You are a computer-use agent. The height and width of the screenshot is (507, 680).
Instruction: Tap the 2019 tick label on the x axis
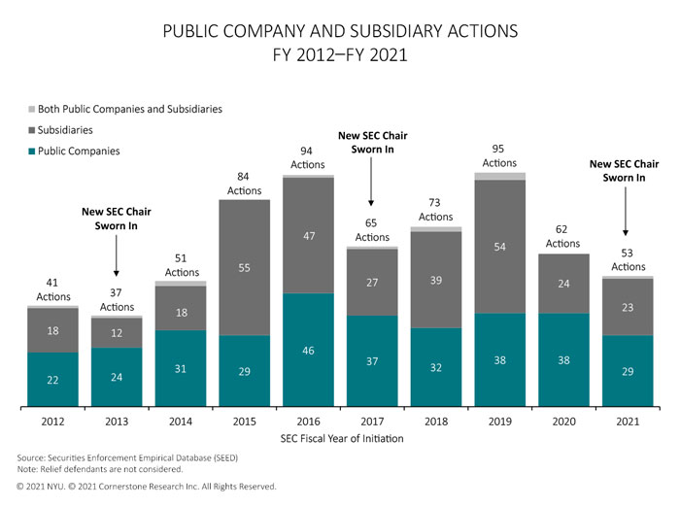tap(499, 421)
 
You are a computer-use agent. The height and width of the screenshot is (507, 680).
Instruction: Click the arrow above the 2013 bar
tap(116, 260)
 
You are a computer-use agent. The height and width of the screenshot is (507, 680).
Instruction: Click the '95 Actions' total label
tap(499, 156)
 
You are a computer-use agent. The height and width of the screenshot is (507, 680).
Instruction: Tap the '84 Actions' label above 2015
tap(244, 184)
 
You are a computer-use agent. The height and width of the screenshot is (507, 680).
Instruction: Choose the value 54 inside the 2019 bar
tap(499, 247)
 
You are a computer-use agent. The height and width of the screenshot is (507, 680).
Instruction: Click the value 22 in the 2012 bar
tap(52, 380)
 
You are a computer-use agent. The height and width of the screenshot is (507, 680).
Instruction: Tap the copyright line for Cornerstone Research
tap(147, 486)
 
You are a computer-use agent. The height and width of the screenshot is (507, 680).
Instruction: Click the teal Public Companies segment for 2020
tap(563, 359)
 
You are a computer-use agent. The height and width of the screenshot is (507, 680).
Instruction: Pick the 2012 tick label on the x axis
tap(52, 421)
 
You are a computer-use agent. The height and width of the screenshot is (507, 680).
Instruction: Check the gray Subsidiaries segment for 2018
tap(435, 280)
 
